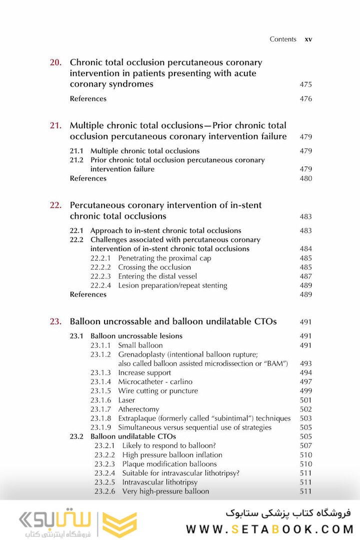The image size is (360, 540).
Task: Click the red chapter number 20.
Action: coord(55,63)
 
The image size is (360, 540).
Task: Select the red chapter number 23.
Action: coord(55,321)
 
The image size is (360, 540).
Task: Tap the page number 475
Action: coord(305,84)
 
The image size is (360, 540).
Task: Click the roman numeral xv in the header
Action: coord(308,39)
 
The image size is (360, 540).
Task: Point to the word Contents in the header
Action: coord(283,39)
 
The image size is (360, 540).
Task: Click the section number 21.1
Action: coord(76,151)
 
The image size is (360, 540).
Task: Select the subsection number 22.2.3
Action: coord(101,276)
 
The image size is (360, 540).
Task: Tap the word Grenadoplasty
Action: coord(142,354)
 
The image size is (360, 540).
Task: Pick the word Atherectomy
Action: coord(138,409)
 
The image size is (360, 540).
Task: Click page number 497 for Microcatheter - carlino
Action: coord(305,382)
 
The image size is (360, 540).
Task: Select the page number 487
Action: coord(305,276)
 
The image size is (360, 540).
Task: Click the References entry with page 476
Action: coord(88,99)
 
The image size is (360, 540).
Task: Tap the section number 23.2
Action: coord(76,436)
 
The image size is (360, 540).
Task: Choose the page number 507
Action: coord(305,445)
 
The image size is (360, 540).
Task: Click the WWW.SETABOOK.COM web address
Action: coord(269,529)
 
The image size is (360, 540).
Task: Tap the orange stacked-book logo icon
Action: coord(119,523)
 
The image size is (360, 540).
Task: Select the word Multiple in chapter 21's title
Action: coord(88,125)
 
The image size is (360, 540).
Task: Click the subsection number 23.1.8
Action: coord(101,418)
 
